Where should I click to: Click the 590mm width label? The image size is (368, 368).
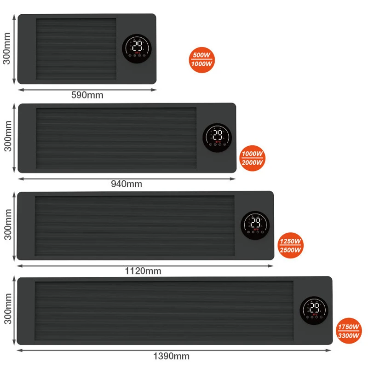click(x=87, y=95)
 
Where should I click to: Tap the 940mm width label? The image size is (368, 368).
click(x=126, y=184)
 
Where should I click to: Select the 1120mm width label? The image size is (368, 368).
click(x=143, y=271)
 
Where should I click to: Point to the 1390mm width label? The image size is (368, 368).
click(x=171, y=356)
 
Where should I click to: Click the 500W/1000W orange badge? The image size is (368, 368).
click(x=202, y=59)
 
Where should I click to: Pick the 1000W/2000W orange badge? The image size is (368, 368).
click(x=253, y=158)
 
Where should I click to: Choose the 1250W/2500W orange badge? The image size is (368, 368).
click(x=291, y=245)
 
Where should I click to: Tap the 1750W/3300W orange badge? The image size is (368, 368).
click(x=348, y=331)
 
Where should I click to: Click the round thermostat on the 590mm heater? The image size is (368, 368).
click(x=137, y=48)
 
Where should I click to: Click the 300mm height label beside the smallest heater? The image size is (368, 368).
click(x=7, y=48)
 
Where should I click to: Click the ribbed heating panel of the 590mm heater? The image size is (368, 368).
click(x=76, y=49)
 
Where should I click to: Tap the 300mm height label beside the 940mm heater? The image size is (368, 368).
click(x=7, y=137)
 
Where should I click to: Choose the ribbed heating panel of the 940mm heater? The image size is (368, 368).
click(x=116, y=138)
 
